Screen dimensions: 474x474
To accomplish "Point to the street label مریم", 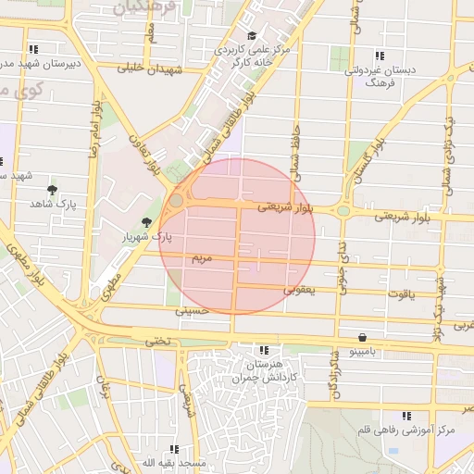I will (202, 256).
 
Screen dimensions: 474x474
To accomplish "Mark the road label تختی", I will (158, 340).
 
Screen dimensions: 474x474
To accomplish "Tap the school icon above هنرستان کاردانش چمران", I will (264, 351).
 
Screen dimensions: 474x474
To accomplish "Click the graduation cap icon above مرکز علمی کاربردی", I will (252, 35).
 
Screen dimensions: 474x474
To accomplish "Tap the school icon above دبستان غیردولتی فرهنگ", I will (378, 54).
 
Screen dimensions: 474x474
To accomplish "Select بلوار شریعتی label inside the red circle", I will (286, 207).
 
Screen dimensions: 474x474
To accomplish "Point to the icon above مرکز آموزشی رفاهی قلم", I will (405, 417).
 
